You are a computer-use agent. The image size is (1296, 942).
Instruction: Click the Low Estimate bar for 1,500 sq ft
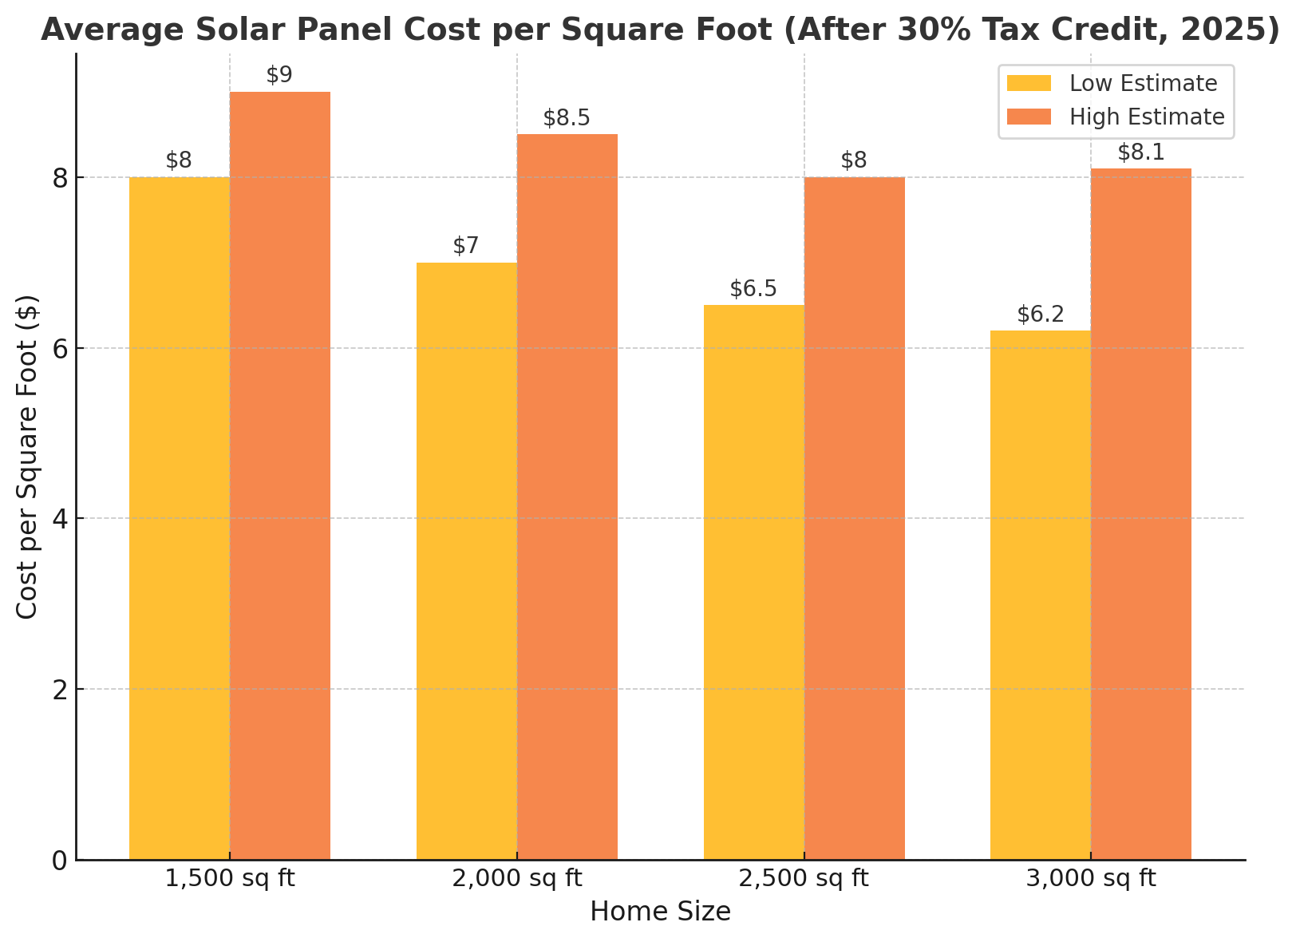pos(180,519)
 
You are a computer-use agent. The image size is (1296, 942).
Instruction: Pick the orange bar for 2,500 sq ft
pos(855,519)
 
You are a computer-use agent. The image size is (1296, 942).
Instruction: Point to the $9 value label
pos(279,75)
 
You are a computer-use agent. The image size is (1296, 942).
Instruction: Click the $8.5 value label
pos(567,118)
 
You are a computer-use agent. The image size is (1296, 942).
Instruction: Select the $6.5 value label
pos(753,289)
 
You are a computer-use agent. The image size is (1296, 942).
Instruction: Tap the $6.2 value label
pos(1041,315)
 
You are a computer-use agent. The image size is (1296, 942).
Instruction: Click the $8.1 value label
pos(1141,152)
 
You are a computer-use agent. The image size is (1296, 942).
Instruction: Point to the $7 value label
pos(466,246)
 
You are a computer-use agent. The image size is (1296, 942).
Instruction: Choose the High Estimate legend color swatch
pos(1029,117)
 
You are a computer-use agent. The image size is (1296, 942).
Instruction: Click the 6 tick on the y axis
pos(60,348)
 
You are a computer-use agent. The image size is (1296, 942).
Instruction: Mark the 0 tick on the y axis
pos(60,861)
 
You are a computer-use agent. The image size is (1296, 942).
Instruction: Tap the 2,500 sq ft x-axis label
pos(804,879)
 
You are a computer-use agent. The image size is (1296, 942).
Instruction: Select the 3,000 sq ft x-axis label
pos(1091,879)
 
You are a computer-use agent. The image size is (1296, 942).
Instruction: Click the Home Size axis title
pos(660,912)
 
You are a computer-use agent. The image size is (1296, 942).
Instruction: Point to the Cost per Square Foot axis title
pos(27,457)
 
